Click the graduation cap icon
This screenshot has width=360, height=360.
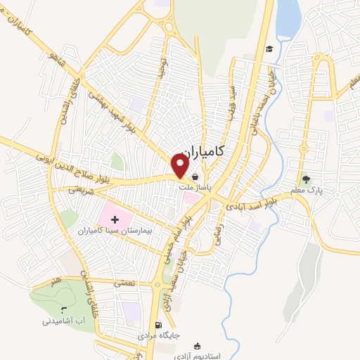[269, 49]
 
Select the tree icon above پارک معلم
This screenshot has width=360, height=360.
[305, 178]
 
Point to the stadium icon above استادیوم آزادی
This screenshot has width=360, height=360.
[198, 345]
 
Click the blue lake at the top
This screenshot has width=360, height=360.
[288, 20]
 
